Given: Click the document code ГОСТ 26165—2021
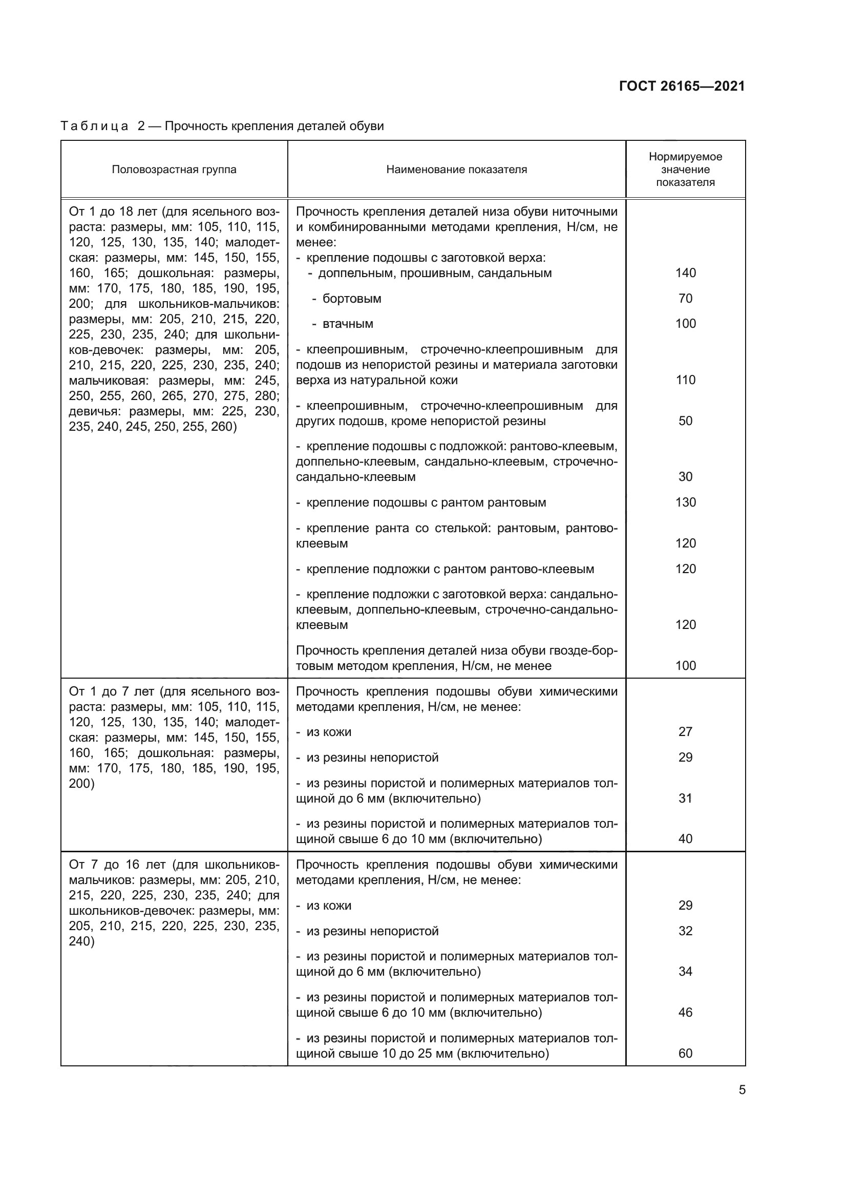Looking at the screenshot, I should pos(682,86).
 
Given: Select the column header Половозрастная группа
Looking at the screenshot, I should pos(174,170).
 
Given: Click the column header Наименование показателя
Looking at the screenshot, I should pos(456,170).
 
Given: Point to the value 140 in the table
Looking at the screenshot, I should pos(685,273).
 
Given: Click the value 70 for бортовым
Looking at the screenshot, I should pos(685,299).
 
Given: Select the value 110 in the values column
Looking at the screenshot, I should pos(685,380).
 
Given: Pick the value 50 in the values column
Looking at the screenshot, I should pos(685,421).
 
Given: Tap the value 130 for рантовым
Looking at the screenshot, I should pos(685,502).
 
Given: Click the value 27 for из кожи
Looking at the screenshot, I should pos(685,732).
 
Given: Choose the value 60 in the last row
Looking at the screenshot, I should pos(685,1054).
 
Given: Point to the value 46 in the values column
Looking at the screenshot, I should pos(685,1013).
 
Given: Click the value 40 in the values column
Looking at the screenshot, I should pos(685,839).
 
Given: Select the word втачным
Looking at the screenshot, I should pos(348,324).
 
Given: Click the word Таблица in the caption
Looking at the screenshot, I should pos(94,127).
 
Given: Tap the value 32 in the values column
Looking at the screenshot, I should pos(685,931).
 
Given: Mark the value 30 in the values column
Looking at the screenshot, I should pos(685,477).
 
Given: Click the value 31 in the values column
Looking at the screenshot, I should pos(685,798).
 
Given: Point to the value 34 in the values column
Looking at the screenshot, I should pos(685,972).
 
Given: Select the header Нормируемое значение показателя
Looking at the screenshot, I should pos(685,170).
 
